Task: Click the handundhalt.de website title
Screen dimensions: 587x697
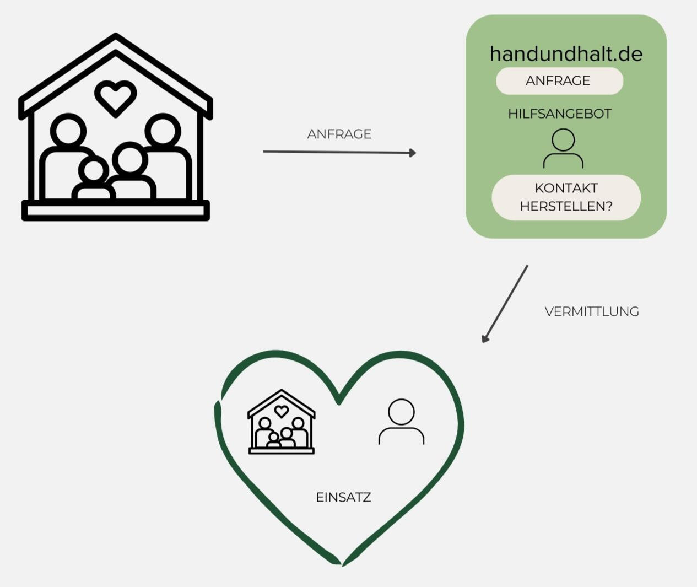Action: coord(566,54)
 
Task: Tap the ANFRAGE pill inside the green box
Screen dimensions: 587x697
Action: coord(559,81)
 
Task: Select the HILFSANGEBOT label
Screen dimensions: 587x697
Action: coord(559,114)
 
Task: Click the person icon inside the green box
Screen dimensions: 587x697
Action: coord(563,148)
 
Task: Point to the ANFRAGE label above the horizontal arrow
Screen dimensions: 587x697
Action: coord(339,134)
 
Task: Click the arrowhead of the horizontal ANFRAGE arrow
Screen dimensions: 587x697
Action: coord(412,153)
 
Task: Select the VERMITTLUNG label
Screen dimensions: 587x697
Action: coord(592,311)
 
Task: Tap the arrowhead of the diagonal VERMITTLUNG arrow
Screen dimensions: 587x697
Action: coord(485,338)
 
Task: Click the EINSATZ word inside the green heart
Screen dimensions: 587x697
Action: coord(343,497)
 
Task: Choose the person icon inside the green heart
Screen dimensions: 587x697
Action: coord(401,422)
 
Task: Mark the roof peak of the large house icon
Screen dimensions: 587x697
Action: coord(115,37)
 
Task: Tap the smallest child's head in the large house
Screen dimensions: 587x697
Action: coord(94,170)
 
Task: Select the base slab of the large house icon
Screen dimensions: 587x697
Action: coord(115,211)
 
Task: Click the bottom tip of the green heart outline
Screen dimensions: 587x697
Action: coord(342,564)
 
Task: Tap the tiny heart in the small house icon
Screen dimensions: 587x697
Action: coord(281,411)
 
